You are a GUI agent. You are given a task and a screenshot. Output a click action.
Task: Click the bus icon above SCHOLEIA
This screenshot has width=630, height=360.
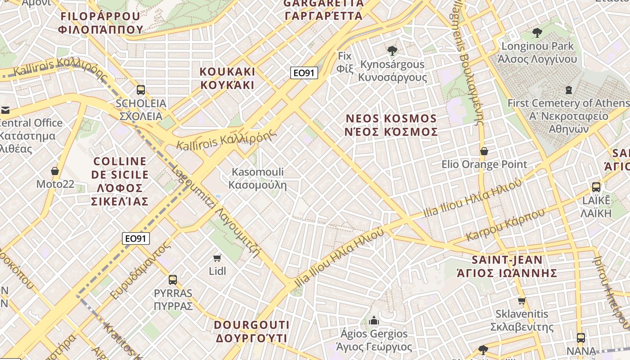pyautogui.click(x=141, y=90)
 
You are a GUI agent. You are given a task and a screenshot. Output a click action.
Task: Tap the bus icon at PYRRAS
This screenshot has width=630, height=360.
pyautogui.click(x=173, y=279)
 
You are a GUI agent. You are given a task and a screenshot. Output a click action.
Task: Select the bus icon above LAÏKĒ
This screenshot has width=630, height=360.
pyautogui.click(x=596, y=187)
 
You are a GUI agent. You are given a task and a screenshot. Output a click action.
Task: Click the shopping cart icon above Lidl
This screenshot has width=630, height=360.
pyautogui.click(x=217, y=258)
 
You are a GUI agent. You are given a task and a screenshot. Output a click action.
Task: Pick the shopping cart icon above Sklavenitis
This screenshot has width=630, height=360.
pyautogui.click(x=522, y=301)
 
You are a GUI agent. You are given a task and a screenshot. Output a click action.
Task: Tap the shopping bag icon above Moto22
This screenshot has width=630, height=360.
pyautogui.click(x=55, y=171)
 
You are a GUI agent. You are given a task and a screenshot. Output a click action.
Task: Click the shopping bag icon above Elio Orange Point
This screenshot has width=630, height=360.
pyautogui.click(x=484, y=151)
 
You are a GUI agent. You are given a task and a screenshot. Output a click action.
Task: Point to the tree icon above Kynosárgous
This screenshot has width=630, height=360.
pyautogui.click(x=392, y=50)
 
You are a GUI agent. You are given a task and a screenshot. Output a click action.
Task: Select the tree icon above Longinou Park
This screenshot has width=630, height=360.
pyautogui.click(x=537, y=32)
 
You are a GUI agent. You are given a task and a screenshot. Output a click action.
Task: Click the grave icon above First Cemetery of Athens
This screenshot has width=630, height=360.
pyautogui.click(x=569, y=90)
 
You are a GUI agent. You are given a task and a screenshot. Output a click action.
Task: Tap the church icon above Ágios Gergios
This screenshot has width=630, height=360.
pyautogui.click(x=373, y=321)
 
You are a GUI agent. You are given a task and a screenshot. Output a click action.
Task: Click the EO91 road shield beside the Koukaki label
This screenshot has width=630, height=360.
pyautogui.click(x=304, y=73)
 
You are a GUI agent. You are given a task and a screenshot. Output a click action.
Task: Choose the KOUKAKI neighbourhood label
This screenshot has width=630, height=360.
pyautogui.click(x=227, y=78)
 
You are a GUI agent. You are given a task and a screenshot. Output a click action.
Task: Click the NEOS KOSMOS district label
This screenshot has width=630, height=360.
pyautogui.click(x=391, y=125)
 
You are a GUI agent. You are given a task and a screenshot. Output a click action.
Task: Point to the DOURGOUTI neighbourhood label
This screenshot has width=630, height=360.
pyautogui.click(x=251, y=331)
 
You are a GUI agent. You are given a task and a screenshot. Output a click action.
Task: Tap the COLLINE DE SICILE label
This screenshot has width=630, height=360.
pyautogui.click(x=120, y=181)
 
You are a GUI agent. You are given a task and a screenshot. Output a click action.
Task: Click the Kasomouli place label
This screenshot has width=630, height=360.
pyautogui.click(x=257, y=178)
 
